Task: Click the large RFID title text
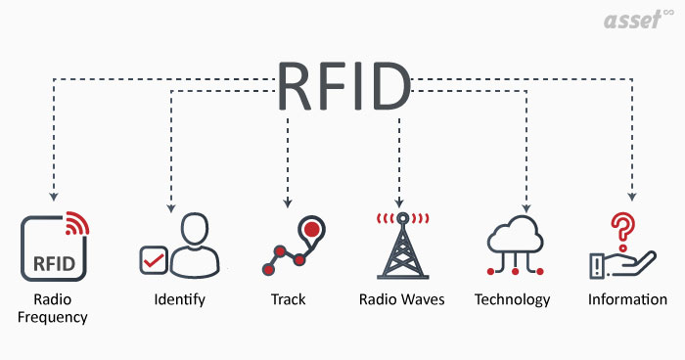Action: coord(343,86)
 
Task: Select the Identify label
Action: coord(179,298)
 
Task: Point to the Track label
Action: coord(288,298)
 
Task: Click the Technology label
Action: coord(512,298)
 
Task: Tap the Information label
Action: coord(627,298)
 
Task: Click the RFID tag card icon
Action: coord(52,249)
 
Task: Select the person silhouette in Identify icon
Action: coord(197,245)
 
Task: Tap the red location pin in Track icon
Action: coord(311,231)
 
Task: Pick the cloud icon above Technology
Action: coord(513,235)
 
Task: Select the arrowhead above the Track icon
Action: coord(288,203)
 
